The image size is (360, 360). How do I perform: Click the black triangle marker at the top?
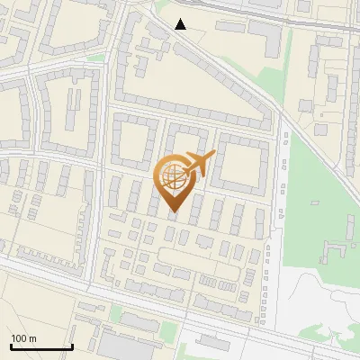click(181, 24)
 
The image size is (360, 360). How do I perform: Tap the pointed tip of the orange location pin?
click(174, 212)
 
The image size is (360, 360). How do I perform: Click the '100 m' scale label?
click(24, 338)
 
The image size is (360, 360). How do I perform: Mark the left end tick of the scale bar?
click(11, 346)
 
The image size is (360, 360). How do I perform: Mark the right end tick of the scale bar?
click(72, 346)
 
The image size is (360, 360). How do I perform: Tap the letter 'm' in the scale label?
click(33, 338)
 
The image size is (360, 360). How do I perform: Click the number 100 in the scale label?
click(20, 338)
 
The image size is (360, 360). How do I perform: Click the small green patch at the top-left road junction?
click(94, 59)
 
